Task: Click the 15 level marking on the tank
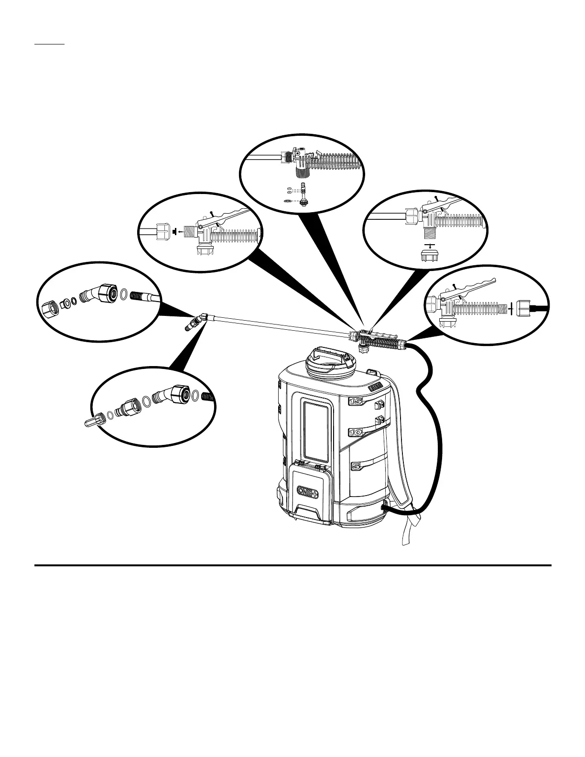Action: tap(356, 401)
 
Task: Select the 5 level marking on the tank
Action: tap(356, 465)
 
